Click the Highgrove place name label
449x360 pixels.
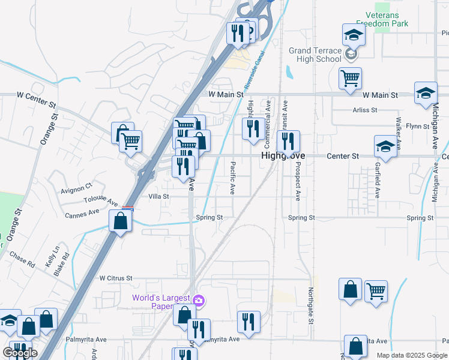click(283, 156)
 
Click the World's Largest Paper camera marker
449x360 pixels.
click(199, 300)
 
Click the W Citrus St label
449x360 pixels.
click(115, 278)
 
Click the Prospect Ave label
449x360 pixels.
click(297, 180)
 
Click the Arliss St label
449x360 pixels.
click(365, 110)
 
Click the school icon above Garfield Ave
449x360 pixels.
click(385, 146)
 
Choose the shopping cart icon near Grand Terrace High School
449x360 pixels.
click(350, 77)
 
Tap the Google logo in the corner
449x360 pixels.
click(20, 353)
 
